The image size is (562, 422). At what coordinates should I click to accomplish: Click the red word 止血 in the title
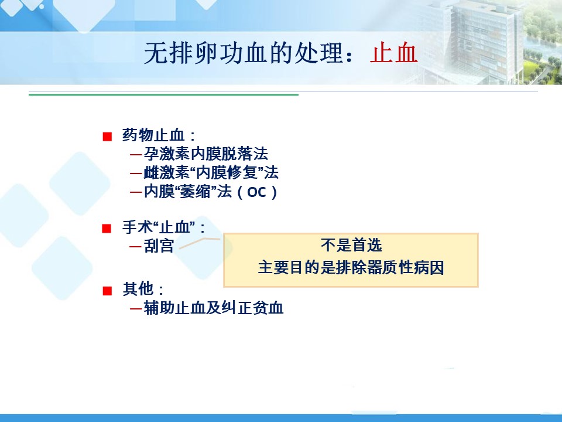394,53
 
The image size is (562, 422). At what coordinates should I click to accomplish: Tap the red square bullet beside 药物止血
107,137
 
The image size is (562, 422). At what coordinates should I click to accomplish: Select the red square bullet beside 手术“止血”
107,228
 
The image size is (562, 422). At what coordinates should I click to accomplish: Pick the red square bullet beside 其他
107,290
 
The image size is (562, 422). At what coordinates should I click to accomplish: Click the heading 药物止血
153,135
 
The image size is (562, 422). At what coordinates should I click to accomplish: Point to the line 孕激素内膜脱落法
205,154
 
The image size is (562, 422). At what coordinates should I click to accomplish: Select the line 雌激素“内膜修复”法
211,172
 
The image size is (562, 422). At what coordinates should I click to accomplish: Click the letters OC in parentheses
256,192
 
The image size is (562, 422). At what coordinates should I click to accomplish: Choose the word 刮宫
159,246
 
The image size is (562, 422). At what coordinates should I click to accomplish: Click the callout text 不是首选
351,246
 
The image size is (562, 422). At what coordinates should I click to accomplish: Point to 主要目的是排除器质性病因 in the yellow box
351,268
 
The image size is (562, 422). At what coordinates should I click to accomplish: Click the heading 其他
138,289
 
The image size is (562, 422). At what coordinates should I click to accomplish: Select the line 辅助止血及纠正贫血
214,308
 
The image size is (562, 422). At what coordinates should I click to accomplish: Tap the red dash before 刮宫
135,247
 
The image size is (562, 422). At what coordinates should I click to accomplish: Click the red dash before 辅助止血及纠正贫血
135,308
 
